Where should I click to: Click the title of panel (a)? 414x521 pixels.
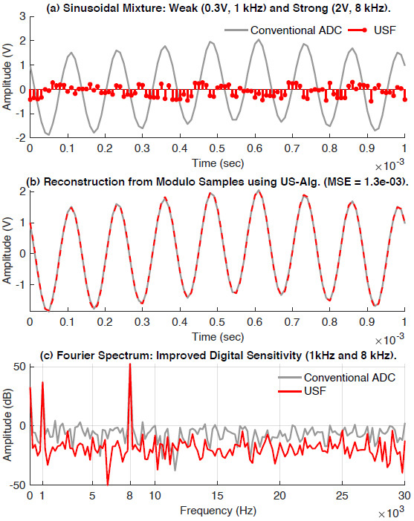[x=216, y=7]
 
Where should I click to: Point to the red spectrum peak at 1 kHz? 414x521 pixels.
[x=42, y=382]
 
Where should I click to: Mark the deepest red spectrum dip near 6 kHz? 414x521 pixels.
[x=109, y=483]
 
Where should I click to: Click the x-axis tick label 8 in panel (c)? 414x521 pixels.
[x=130, y=494]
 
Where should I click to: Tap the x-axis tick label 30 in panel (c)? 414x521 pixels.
[x=404, y=494]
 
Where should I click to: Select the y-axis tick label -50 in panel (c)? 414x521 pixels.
[x=16, y=485]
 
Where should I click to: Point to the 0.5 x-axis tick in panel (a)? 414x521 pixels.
[x=216, y=148]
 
